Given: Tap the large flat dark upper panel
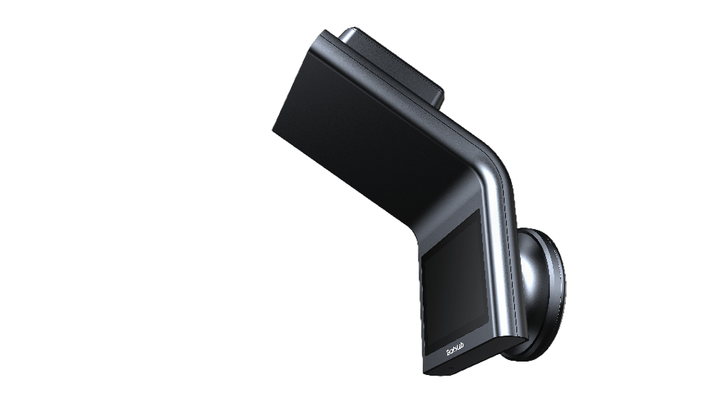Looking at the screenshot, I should tap(372, 126).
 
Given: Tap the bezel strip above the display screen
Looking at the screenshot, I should tap(446, 223).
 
